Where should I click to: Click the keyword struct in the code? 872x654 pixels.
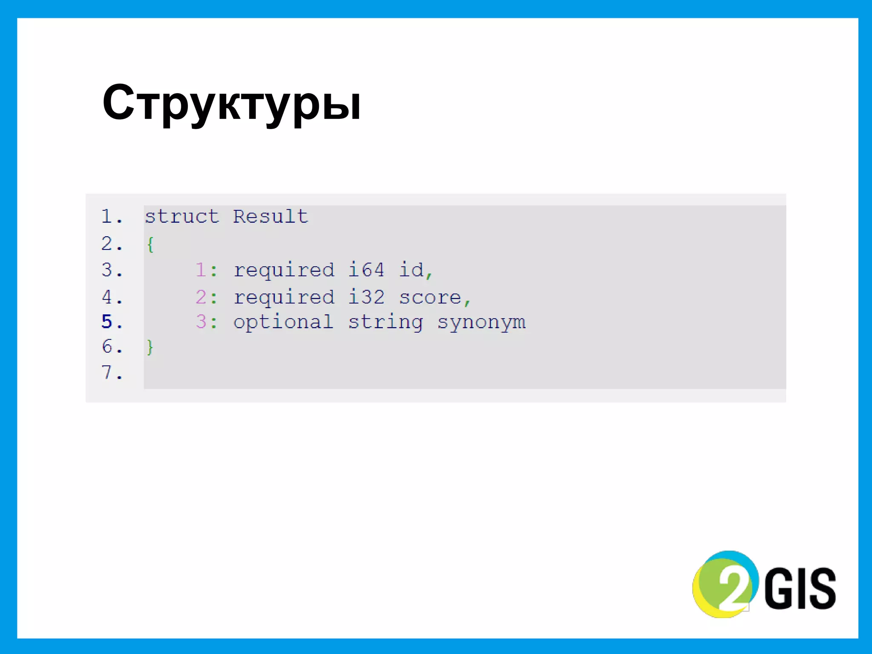pos(182,217)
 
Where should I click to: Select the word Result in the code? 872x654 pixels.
pos(270,217)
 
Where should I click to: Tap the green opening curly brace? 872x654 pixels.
pos(150,245)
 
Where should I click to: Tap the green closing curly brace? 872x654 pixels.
pos(149,347)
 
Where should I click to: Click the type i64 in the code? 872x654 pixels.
pos(366,270)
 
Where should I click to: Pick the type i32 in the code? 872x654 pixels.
pos(366,297)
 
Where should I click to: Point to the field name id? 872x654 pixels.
pos(411,270)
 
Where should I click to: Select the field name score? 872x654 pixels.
pos(430,297)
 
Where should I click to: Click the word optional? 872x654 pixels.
pos(283,322)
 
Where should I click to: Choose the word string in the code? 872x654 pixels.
pos(385,322)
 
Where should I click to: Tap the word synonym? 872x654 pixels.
pos(481,322)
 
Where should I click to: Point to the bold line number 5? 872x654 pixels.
pos(107,322)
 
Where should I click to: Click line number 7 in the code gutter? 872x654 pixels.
pos(107,373)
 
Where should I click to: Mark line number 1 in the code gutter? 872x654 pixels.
pos(107,217)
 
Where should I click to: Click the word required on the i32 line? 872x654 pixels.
pos(284,297)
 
